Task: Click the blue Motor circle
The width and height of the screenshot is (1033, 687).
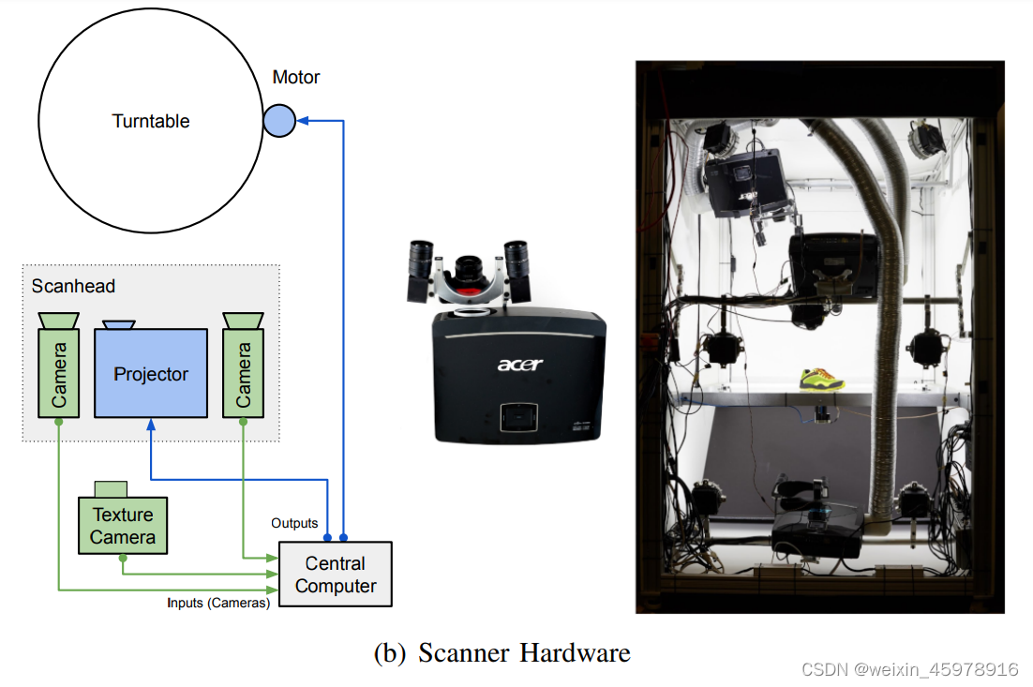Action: click(x=279, y=120)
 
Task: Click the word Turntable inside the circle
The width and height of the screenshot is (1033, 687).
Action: click(x=151, y=121)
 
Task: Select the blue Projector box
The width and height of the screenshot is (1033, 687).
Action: click(x=151, y=373)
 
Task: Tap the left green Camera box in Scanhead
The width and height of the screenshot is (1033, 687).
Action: click(x=58, y=373)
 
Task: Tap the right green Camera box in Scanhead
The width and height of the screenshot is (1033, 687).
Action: click(x=243, y=373)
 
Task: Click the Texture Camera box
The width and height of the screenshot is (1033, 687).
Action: click(x=123, y=526)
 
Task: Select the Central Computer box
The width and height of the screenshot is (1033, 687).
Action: click(x=335, y=575)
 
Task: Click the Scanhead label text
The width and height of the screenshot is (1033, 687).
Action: click(x=73, y=286)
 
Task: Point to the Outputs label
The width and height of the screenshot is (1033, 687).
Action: click(x=294, y=523)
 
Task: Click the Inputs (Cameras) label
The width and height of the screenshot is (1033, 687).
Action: click(x=218, y=603)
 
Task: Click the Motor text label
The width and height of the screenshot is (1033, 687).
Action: click(x=296, y=77)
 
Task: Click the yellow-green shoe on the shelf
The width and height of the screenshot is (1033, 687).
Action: click(x=821, y=379)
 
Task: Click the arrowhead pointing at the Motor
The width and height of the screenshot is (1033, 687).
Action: click(x=303, y=120)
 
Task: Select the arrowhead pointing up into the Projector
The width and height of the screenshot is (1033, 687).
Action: click(x=151, y=425)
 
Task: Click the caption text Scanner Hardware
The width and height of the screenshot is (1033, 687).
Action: click(x=524, y=652)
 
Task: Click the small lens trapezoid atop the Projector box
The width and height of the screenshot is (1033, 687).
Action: click(x=119, y=324)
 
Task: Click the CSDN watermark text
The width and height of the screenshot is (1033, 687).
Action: click(x=909, y=669)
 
